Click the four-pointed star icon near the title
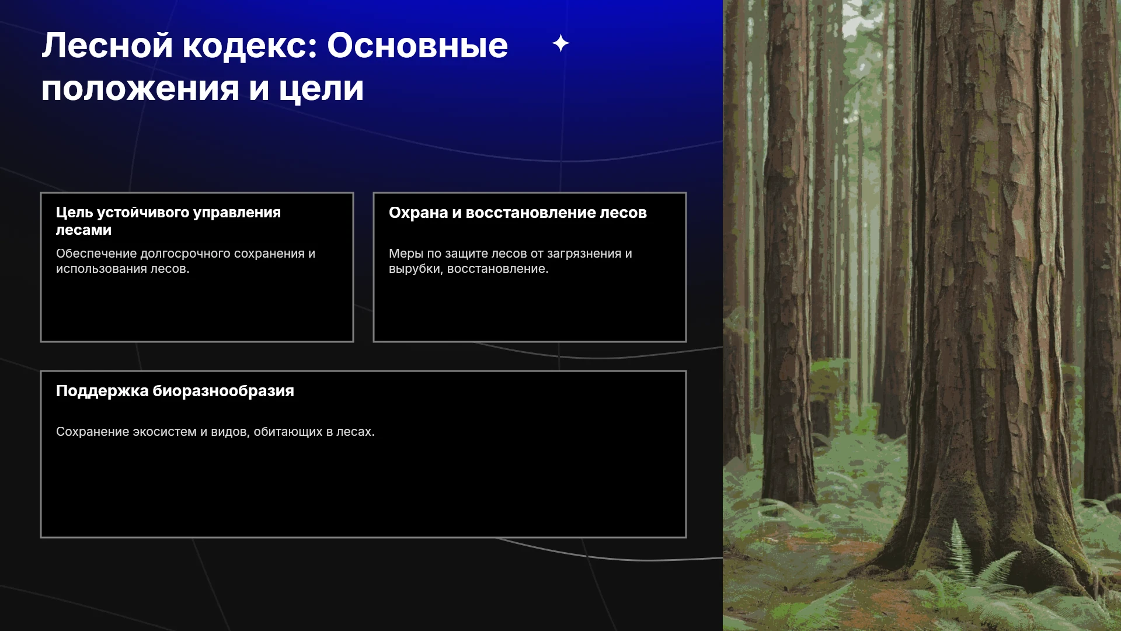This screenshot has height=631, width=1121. (560, 43)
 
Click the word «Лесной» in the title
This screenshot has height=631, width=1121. (107, 46)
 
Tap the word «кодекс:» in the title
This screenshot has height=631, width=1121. (250, 46)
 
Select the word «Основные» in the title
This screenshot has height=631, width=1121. (417, 46)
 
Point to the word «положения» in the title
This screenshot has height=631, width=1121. (140, 89)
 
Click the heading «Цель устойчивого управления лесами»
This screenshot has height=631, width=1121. (168, 221)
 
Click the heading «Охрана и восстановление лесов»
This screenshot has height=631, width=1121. (518, 213)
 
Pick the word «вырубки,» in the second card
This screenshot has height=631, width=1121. (416, 269)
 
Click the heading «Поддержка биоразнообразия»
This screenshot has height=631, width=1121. (175, 391)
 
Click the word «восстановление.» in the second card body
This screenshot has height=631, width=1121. (498, 269)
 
